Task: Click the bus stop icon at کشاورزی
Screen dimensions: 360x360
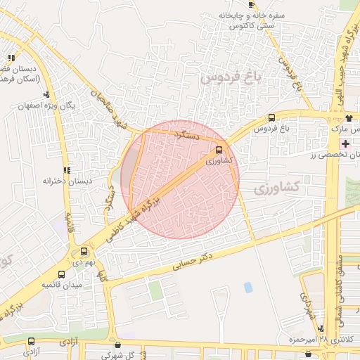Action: click(x=220, y=150)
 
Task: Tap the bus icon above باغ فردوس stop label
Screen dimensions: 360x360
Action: click(x=271, y=118)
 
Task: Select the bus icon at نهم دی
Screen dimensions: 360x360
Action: click(x=84, y=251)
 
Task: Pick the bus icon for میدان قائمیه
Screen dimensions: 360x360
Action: click(x=61, y=274)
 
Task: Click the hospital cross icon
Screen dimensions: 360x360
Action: click(x=345, y=143)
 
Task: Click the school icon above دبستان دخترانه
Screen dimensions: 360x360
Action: click(x=67, y=170)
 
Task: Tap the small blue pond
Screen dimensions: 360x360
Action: click(x=247, y=287)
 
